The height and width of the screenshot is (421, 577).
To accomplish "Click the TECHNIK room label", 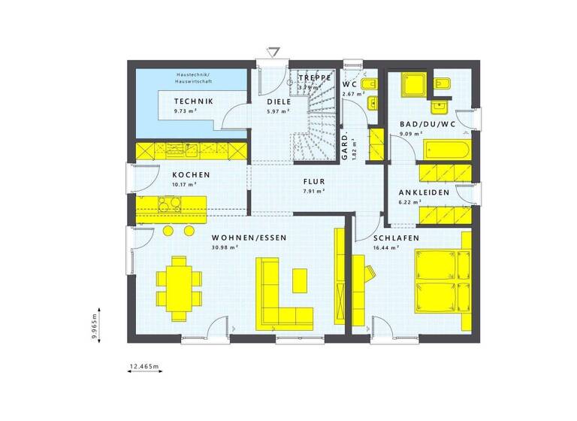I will coord(193,101).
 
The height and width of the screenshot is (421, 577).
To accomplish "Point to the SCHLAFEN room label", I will coord(396,238).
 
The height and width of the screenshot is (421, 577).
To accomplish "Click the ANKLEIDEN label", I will coord(424,192).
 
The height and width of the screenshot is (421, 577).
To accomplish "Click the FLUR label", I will coord(314,181).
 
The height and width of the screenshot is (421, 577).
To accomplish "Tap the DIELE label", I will coord(279,101).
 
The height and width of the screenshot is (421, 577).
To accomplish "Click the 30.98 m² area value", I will coord(225,247).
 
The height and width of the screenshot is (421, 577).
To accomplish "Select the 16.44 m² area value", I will coord(385,247).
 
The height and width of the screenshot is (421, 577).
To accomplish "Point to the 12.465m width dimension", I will coord(145,366).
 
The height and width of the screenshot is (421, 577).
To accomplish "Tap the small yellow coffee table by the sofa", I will coord(300,280).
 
